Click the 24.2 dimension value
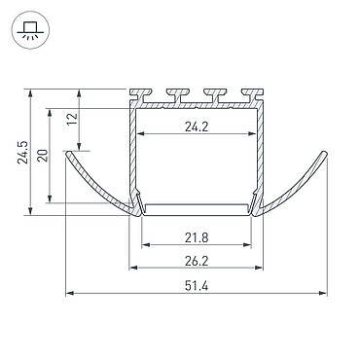click(197, 126)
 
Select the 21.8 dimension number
click(197, 238)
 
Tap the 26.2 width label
click(197, 261)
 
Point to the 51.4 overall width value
click(197, 286)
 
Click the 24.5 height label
click(22, 152)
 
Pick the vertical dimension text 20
click(43, 156)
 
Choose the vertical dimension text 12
click(73, 120)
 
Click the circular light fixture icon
click(30, 30)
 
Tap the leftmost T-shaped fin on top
click(141, 94)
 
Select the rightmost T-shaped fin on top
click(252, 94)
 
